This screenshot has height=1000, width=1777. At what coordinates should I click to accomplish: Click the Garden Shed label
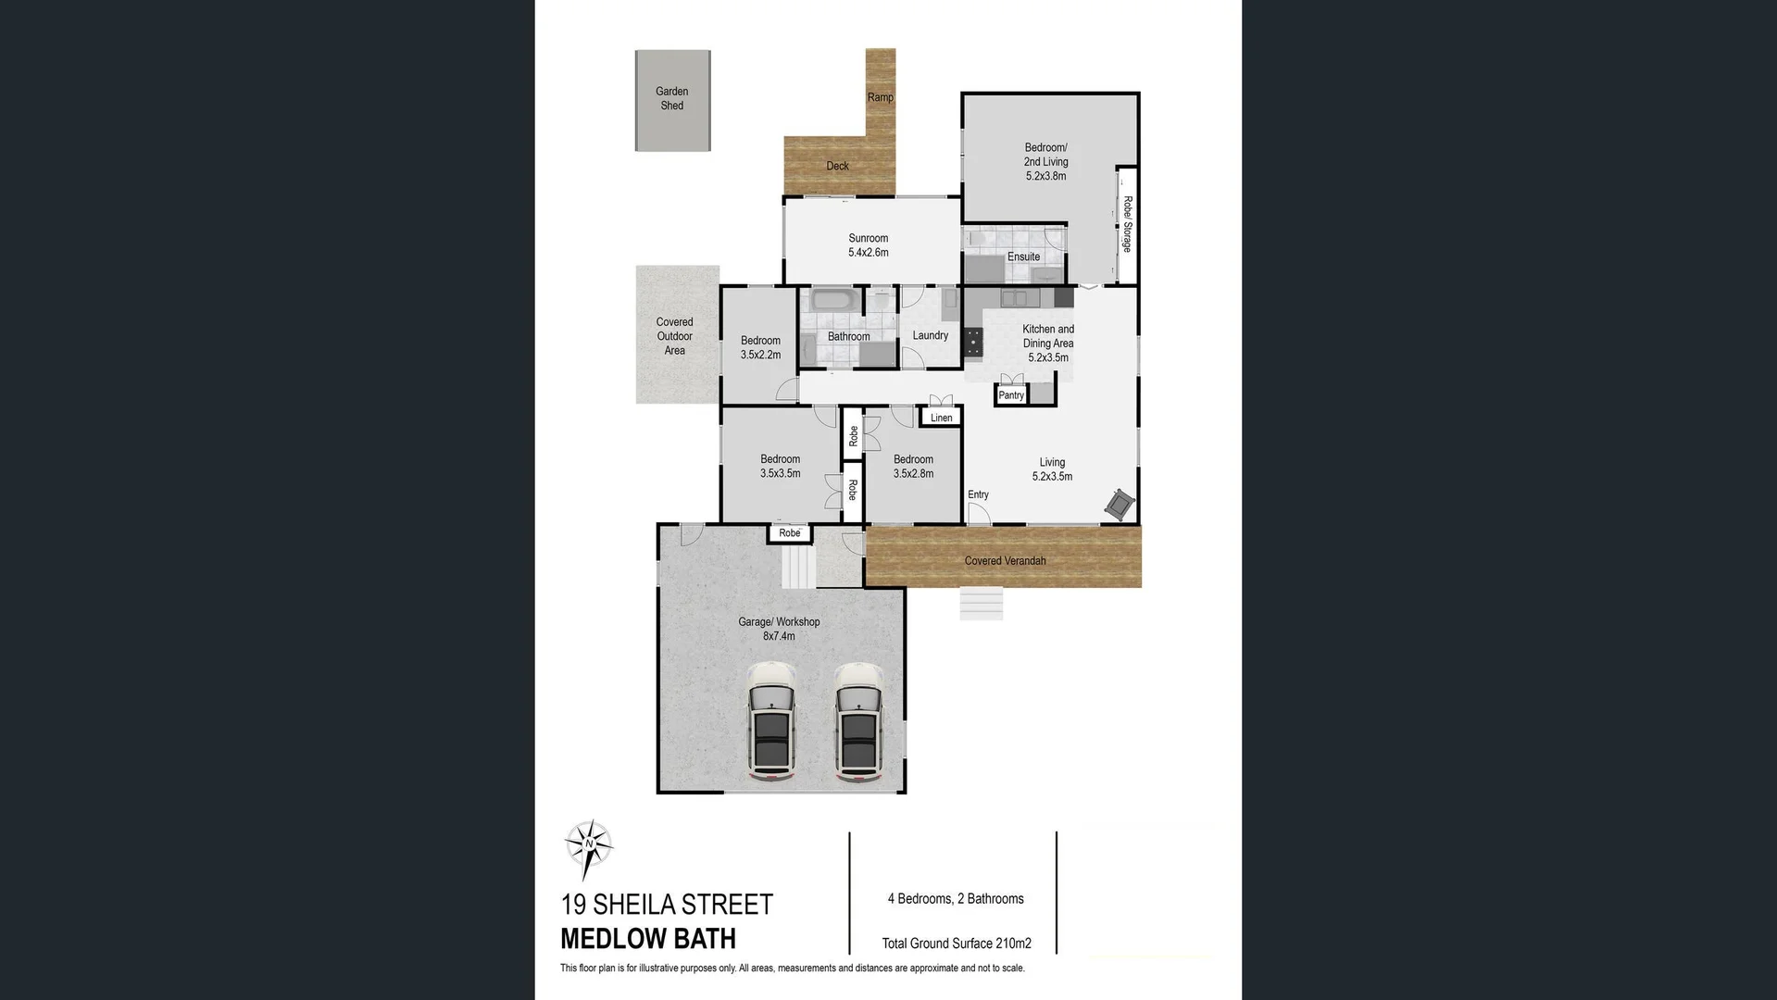tap(672, 98)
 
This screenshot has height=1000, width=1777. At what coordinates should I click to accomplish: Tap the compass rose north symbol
tap(589, 845)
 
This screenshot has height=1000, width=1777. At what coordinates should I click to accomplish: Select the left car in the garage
tap(771, 722)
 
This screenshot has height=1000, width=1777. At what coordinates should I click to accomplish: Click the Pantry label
tap(1011, 395)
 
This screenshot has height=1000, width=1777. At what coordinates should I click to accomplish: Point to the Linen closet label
tap(941, 418)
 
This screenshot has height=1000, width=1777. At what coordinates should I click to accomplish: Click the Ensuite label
tap(1023, 256)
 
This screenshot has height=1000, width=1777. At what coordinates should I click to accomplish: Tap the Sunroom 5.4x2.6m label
tap(868, 245)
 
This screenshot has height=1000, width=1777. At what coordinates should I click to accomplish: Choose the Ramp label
tap(880, 97)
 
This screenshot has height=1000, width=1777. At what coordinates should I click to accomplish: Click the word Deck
tap(837, 166)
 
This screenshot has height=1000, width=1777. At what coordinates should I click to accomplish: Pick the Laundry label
tap(930, 335)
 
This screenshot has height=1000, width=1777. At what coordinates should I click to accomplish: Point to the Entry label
tap(978, 494)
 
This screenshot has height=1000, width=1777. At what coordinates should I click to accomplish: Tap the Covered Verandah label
tap(1005, 560)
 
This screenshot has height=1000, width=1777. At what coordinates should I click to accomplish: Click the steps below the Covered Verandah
tap(982, 604)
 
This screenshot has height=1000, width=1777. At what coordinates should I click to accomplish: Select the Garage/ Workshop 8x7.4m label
tap(779, 629)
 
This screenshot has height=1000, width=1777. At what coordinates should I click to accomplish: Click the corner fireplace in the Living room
tap(1120, 504)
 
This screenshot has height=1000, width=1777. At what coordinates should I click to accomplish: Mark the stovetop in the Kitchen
tap(973, 343)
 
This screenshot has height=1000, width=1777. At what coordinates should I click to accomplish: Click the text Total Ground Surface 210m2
tap(957, 944)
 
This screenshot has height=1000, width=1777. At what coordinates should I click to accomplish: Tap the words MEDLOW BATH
tap(648, 938)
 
